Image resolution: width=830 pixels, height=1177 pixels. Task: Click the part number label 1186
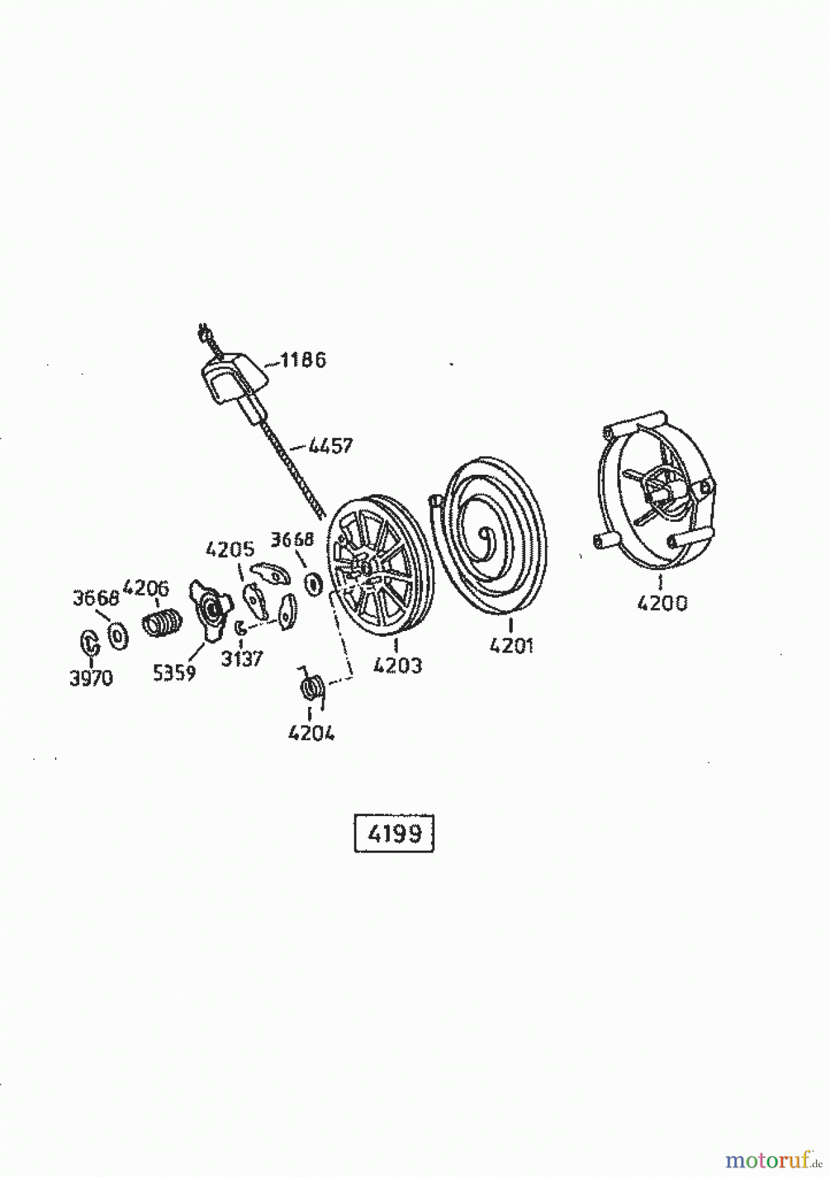click(303, 360)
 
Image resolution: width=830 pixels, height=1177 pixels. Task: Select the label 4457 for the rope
click(330, 446)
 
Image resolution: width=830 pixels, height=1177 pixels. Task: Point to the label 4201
click(511, 646)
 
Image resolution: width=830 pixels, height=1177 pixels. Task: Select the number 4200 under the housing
click(662, 603)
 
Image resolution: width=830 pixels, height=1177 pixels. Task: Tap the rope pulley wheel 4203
click(379, 566)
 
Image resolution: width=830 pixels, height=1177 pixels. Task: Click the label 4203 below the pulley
click(398, 666)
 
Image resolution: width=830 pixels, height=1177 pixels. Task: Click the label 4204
click(311, 734)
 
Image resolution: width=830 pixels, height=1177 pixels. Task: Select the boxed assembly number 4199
click(394, 834)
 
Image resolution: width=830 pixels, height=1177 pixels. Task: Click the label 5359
click(174, 674)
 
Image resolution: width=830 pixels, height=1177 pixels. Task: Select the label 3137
click(241, 659)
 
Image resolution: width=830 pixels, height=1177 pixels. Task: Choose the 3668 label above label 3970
click(95, 598)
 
